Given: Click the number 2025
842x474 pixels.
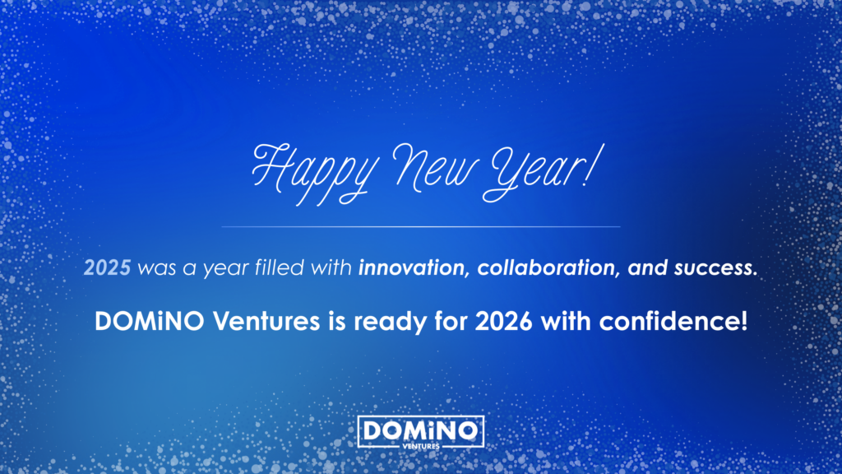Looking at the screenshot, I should click(107, 268).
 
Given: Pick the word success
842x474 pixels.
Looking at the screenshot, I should click(712, 268).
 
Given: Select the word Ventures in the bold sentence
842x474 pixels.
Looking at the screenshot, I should click(261, 321).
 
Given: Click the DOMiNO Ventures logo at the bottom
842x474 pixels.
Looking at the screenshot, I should click(421, 433).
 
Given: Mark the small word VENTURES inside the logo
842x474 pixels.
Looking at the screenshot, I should click(422, 444).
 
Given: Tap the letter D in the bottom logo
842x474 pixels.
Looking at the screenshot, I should click(370, 430).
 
